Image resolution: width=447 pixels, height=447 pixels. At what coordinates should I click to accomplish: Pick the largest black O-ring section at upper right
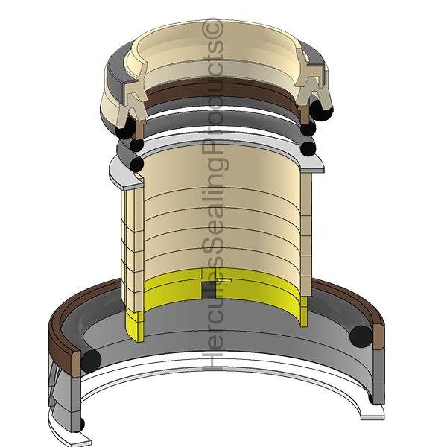pyautogui.click(x=322, y=110)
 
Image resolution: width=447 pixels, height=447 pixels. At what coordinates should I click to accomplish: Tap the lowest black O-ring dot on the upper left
pyautogui.click(x=136, y=163)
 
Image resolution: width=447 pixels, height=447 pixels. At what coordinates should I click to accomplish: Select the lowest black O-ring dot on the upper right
pyautogui.click(x=308, y=148)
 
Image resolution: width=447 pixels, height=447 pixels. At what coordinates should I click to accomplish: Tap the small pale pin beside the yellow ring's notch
pyautogui.click(x=224, y=281)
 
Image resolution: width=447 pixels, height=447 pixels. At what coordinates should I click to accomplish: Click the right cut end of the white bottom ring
pyautogui.click(x=375, y=408)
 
